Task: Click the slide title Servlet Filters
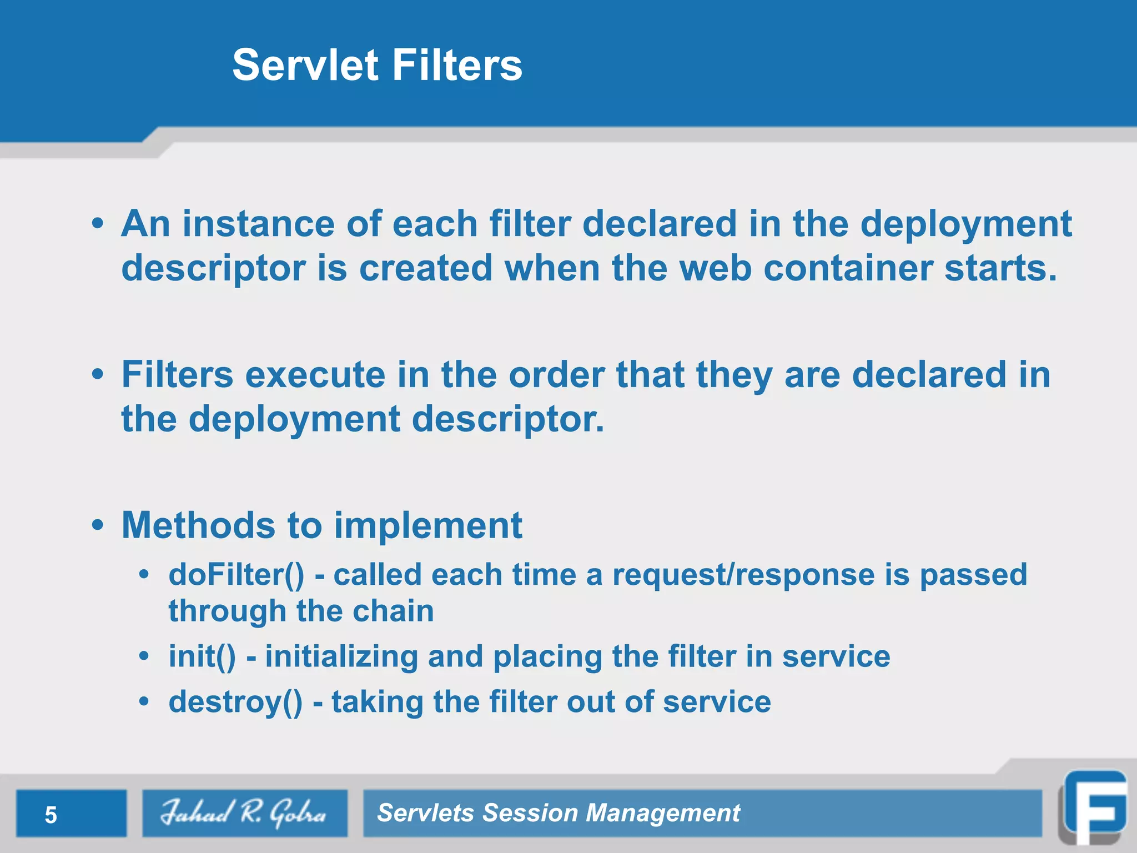[377, 65]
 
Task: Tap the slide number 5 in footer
[51, 815]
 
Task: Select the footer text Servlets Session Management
[558, 813]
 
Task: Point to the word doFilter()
[237, 575]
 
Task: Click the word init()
[202, 656]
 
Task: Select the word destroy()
[235, 702]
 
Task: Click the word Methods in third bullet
[198, 525]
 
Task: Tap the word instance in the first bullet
[258, 224]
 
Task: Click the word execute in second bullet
[315, 375]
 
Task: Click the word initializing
[341, 656]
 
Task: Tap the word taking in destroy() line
[377, 702]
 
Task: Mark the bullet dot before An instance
[98, 224]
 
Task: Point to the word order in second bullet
[556, 375]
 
